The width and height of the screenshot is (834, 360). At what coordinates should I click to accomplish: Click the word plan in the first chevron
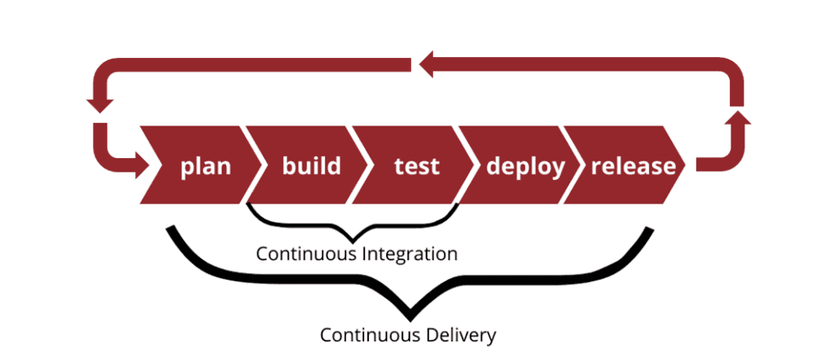click(205, 166)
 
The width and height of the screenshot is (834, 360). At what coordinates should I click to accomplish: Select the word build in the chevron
click(311, 166)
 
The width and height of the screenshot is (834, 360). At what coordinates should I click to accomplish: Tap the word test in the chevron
click(416, 166)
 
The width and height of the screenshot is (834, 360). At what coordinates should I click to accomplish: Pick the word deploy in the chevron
click(525, 166)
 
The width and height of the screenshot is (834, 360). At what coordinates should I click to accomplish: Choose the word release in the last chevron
click(633, 166)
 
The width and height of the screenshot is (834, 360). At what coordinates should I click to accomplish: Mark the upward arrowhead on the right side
click(736, 121)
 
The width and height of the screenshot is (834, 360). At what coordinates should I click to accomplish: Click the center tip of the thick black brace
click(408, 311)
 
